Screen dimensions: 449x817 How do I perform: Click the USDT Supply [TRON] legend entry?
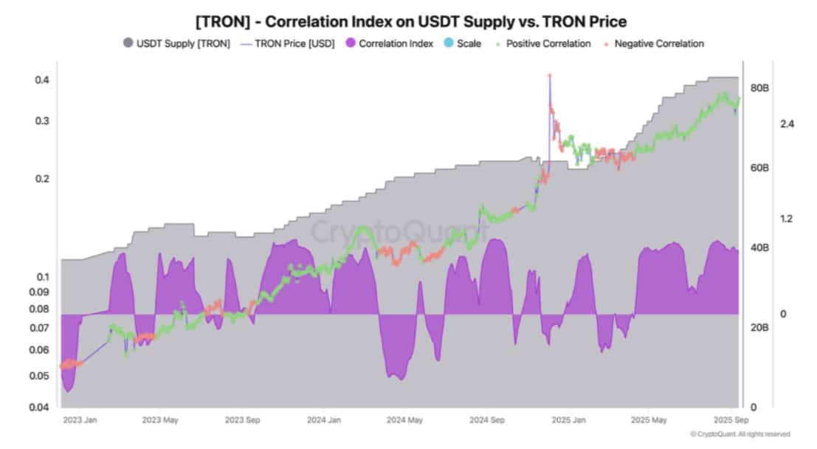click(177, 44)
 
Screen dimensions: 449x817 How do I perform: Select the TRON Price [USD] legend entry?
click(287, 44)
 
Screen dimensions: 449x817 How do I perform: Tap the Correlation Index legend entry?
click(389, 44)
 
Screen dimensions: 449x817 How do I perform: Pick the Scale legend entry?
click(462, 44)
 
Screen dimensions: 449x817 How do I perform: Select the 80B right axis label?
click(760, 88)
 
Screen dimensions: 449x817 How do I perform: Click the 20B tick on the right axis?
click(760, 327)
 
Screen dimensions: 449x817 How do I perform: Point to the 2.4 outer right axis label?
click(787, 124)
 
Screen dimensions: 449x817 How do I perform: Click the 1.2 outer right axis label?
click(787, 219)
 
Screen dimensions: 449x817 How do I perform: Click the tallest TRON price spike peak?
click(549, 75)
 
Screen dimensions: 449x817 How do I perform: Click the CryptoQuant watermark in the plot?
click(399, 231)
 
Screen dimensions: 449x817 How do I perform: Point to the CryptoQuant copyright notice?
click(740, 434)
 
